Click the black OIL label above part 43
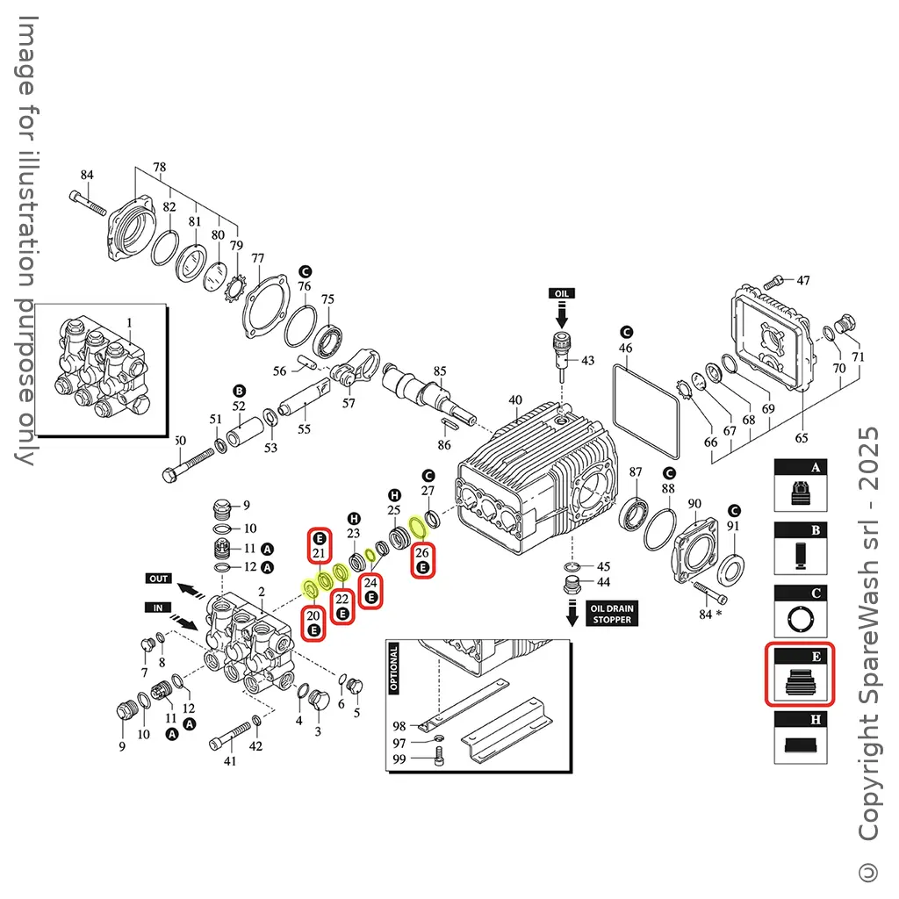point(562,292)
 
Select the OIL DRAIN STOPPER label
point(610,614)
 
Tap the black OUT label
point(159,579)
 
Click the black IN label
point(159,607)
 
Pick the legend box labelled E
point(800,674)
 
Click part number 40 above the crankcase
point(514,400)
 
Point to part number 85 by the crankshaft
point(440,370)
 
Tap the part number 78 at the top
point(159,167)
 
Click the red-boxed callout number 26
point(422,559)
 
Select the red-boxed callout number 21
point(318,545)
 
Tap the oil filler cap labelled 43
point(561,346)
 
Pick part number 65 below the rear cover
point(801,437)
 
